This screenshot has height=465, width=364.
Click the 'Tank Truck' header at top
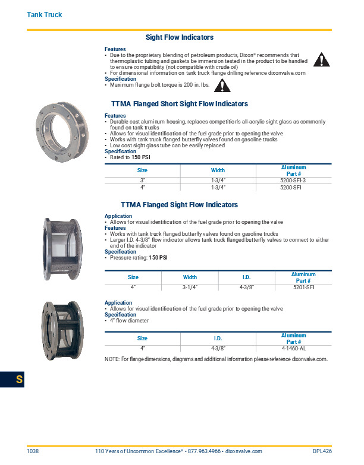coord(44,14)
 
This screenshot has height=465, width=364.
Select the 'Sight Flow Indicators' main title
coord(180,37)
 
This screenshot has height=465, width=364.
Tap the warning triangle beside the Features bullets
coord(321,59)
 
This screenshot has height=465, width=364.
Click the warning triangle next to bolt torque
coord(222,86)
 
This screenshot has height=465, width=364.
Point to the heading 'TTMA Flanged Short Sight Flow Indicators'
coord(179,104)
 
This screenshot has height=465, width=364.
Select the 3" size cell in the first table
coord(143,180)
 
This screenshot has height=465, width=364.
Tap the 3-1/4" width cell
coord(190,287)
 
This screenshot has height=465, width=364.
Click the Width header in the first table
coord(218,170)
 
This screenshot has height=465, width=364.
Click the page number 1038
coord(33,452)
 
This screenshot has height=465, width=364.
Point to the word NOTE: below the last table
coord(112,359)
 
